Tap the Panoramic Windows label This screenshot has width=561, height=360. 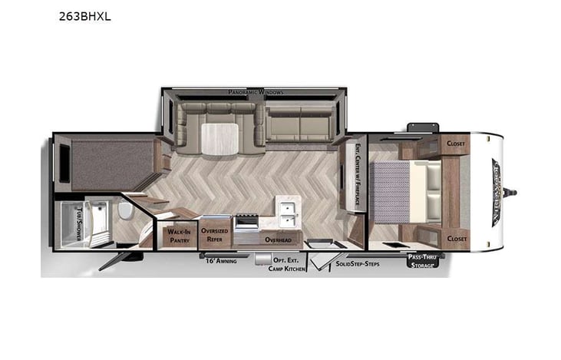(256, 92)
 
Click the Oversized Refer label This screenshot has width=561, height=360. (214, 233)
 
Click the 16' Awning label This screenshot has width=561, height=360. (220, 261)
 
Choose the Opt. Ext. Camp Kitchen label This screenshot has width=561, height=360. (287, 265)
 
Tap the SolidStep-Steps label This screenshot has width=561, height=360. (358, 263)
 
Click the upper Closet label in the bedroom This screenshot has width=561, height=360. (456, 143)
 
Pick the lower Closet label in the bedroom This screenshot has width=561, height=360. (456, 239)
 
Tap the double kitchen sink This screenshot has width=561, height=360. (288, 213)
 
